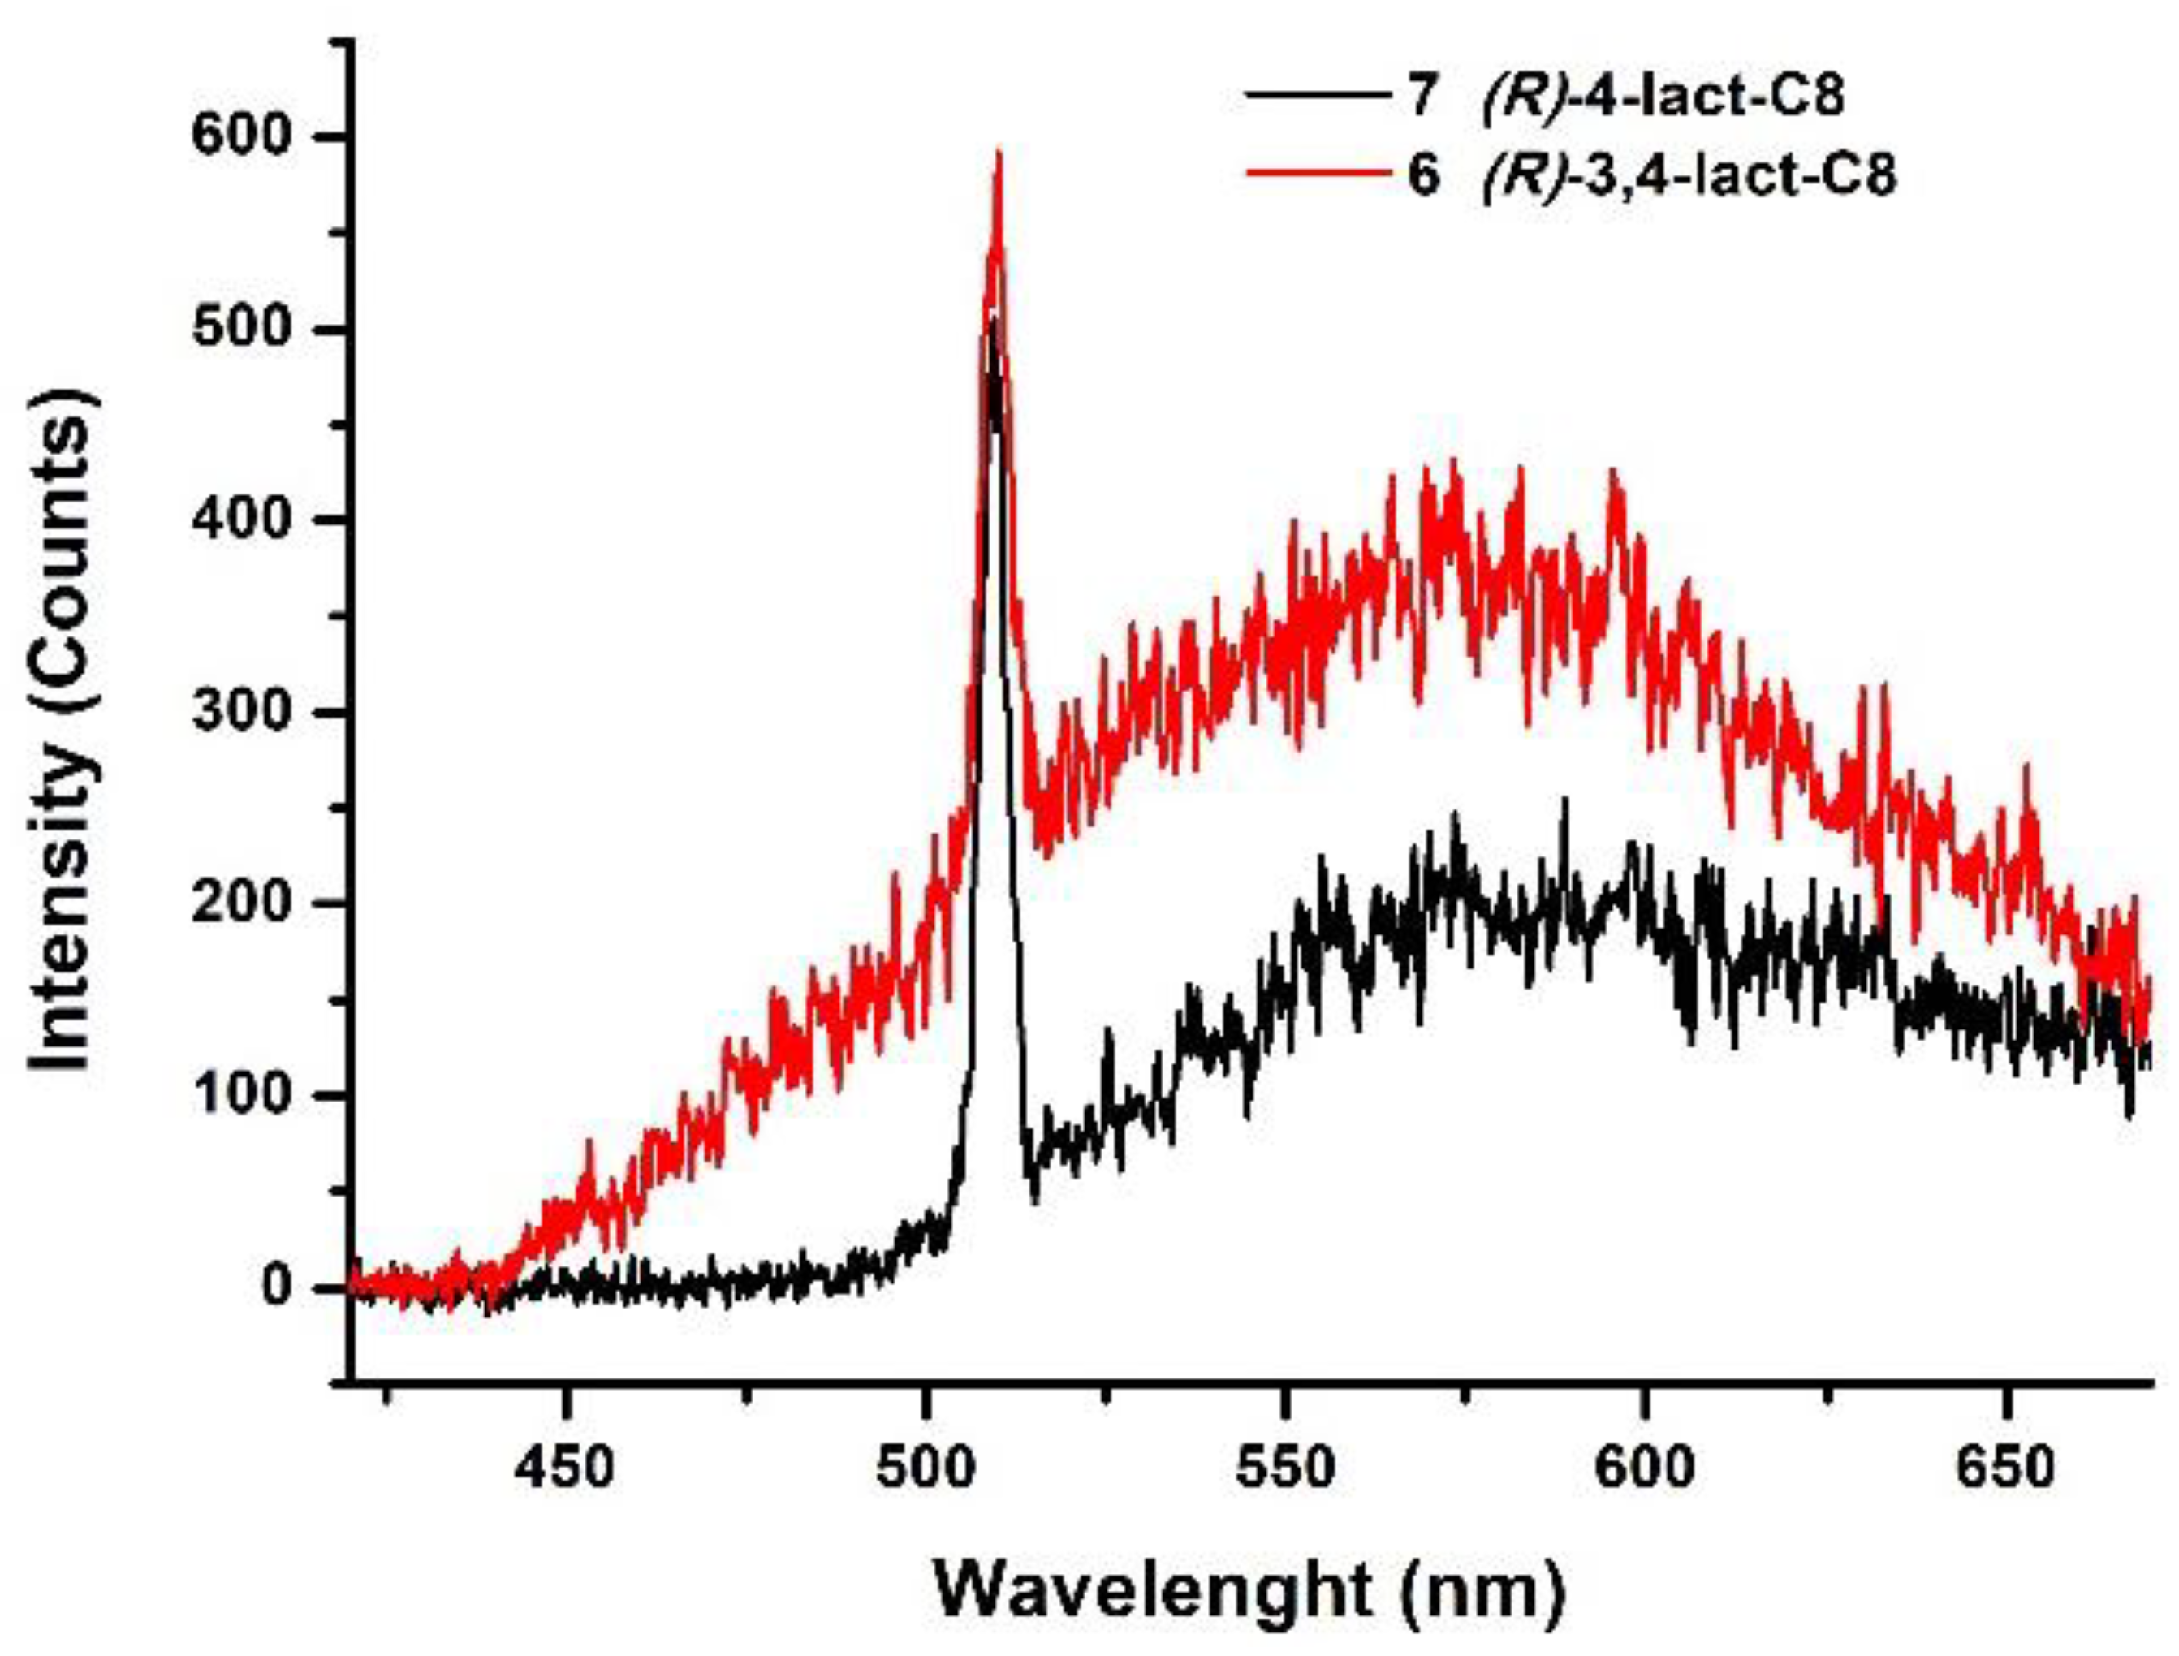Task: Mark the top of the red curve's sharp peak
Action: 999,153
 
